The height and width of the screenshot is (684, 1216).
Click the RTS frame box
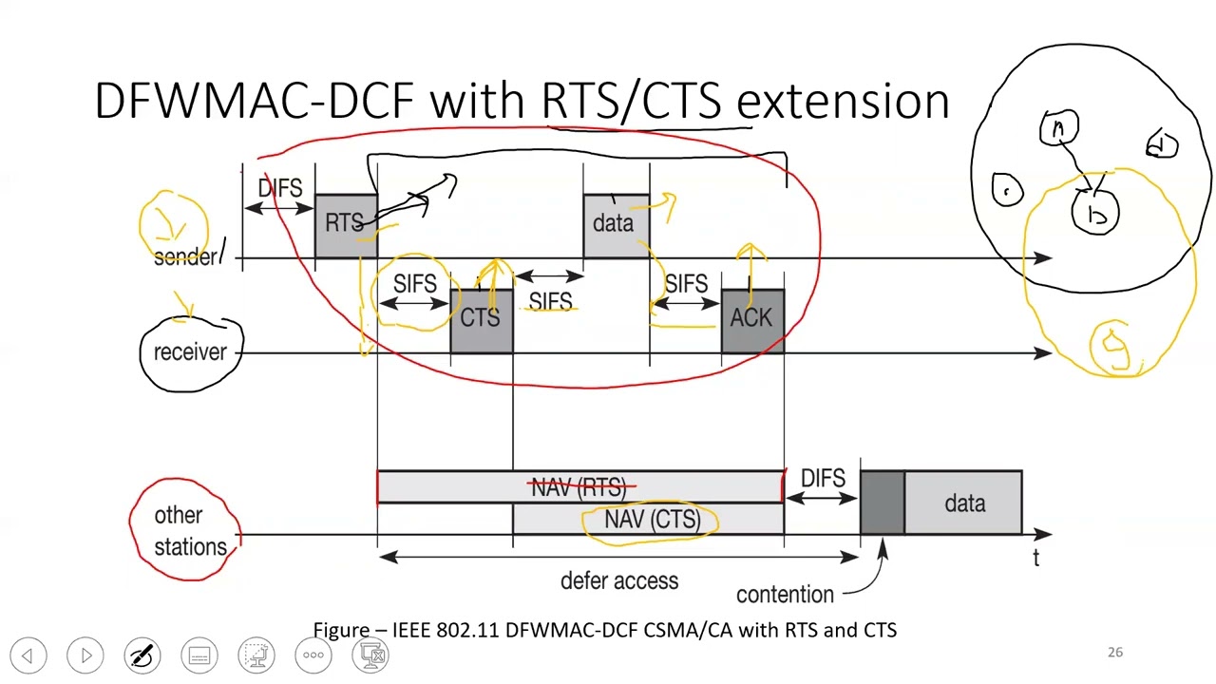[345, 225]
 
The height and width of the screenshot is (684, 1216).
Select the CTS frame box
[481, 320]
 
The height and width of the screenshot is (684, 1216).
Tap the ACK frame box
[751, 320]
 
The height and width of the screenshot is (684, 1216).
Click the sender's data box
[615, 225]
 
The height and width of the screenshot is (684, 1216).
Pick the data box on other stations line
[963, 503]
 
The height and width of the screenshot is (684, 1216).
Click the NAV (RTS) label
[579, 487]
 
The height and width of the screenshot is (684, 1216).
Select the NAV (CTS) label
[653, 520]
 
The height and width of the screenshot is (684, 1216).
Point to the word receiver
[191, 352]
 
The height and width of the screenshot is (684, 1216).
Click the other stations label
[190, 530]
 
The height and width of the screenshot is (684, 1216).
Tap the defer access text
[619, 580]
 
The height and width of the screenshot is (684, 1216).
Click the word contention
[785, 595]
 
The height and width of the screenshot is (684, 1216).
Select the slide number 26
[1115, 653]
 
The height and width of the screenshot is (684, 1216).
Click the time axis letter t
[1036, 559]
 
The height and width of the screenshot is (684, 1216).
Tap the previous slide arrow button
[28, 655]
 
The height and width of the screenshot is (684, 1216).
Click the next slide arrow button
[85, 655]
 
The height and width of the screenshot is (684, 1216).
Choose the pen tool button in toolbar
[142, 655]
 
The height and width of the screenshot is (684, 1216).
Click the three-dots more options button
[313, 655]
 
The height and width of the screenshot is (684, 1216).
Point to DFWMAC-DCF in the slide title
[254, 101]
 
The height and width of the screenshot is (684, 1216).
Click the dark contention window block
[882, 503]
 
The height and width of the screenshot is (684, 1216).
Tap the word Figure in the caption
[341, 630]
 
